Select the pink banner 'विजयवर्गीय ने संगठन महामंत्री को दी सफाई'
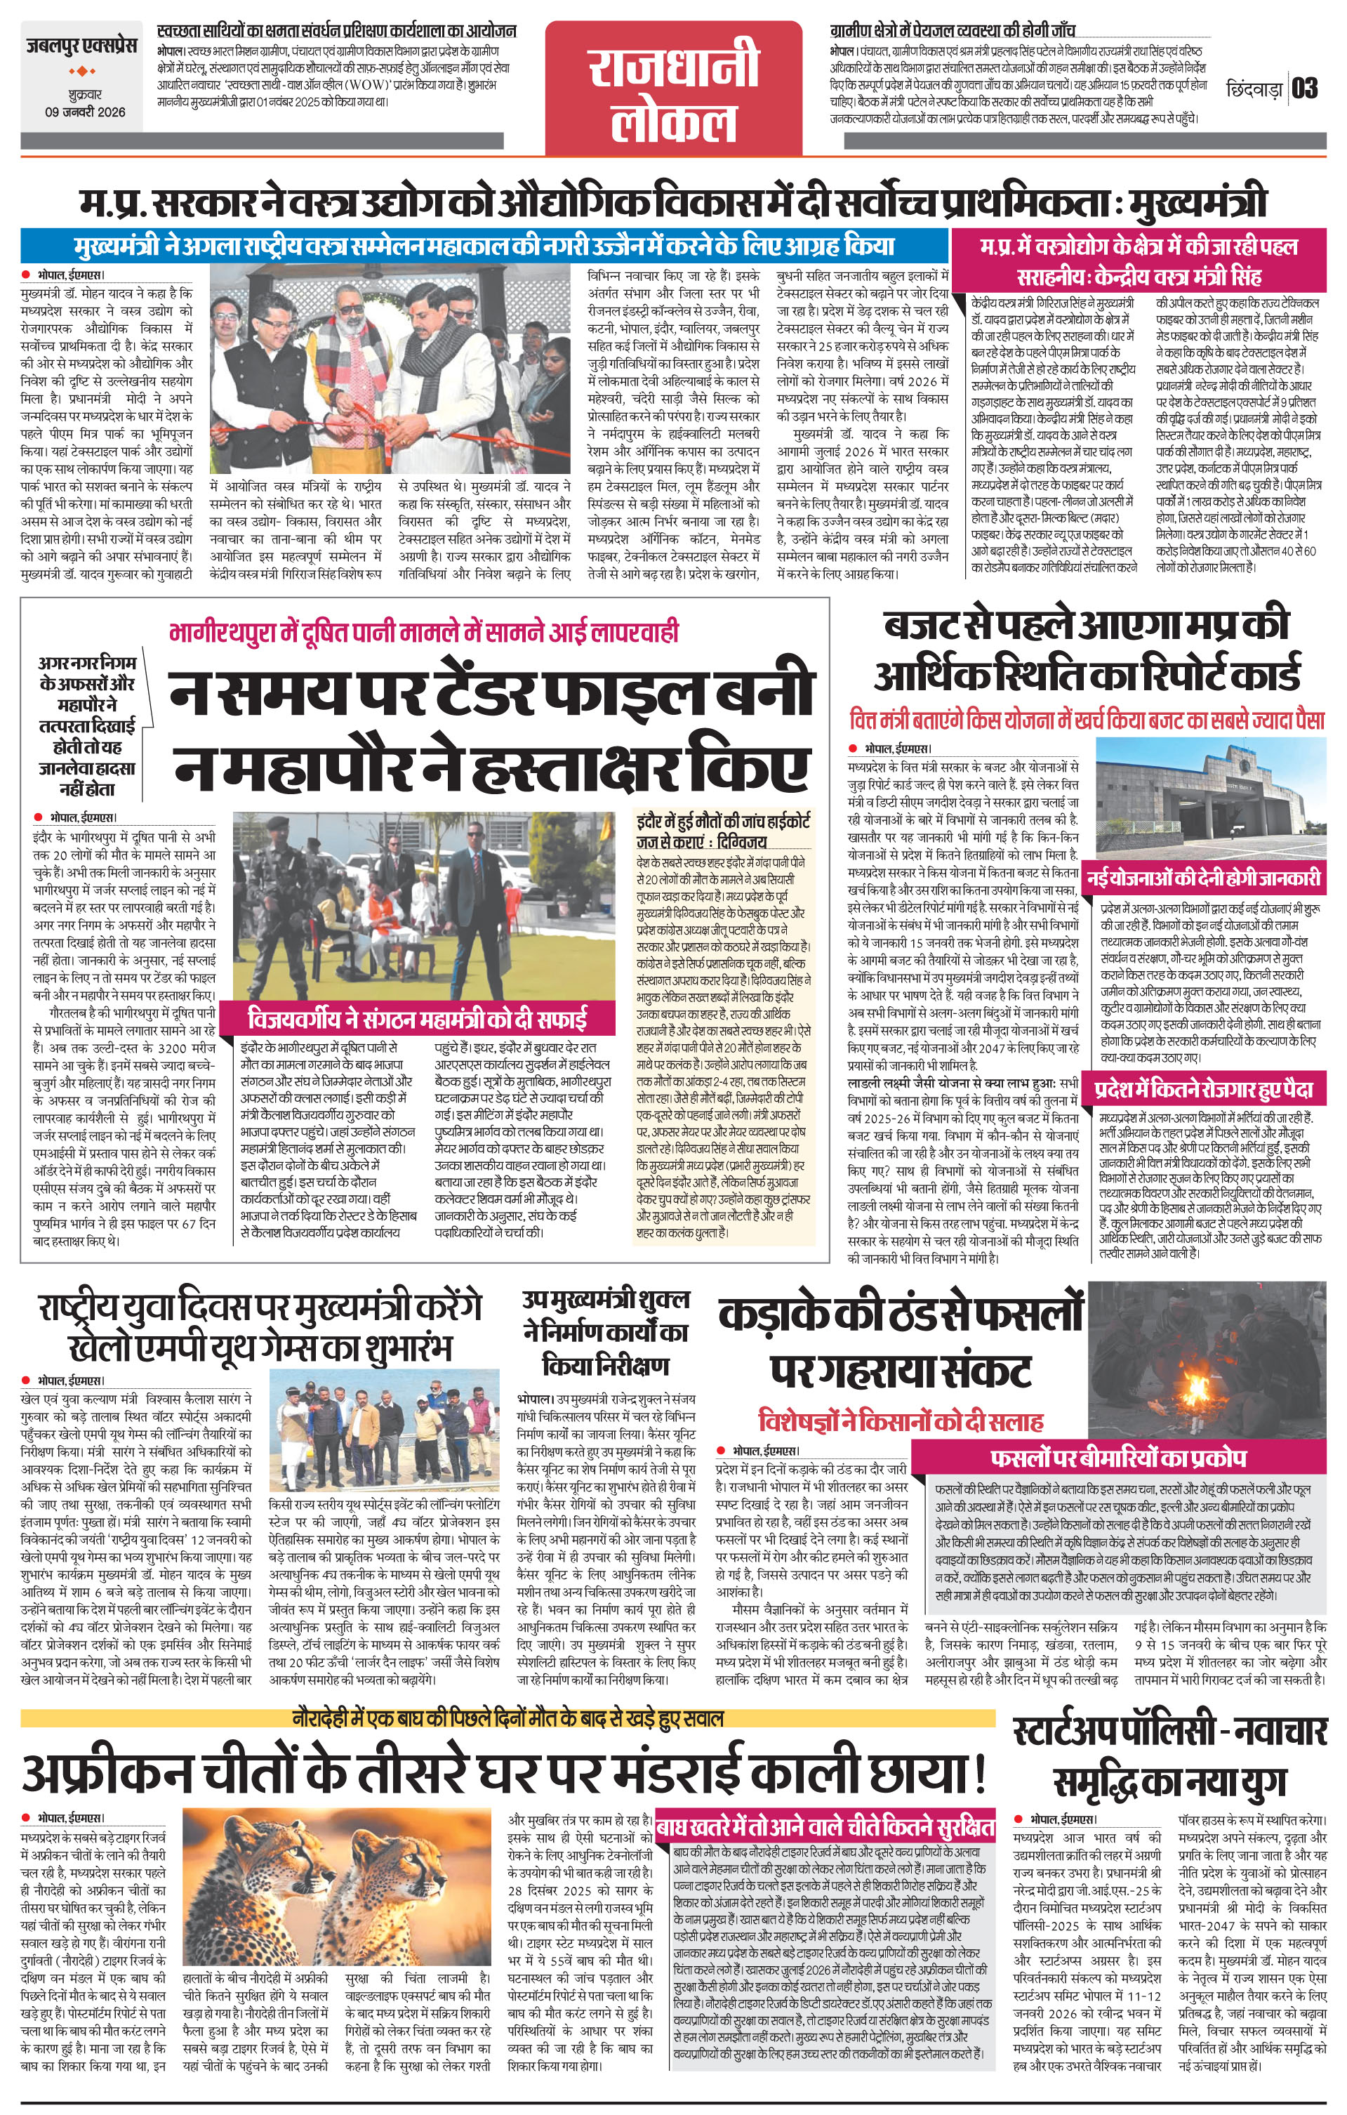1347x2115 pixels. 416,1020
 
